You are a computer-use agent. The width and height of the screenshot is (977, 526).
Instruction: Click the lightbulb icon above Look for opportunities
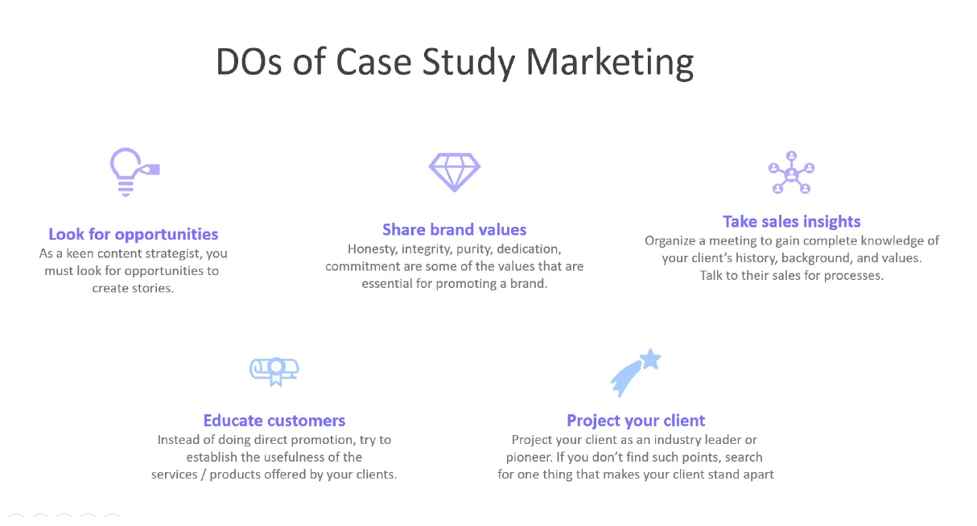click(x=130, y=171)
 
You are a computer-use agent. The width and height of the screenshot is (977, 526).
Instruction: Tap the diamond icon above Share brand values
click(x=454, y=171)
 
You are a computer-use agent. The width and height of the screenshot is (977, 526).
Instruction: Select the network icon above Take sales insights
click(x=791, y=172)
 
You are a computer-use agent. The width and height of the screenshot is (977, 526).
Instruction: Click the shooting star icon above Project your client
click(x=634, y=372)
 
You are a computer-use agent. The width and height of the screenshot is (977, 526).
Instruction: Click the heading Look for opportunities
click(x=134, y=234)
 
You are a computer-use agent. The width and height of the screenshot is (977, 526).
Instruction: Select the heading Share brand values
click(x=454, y=230)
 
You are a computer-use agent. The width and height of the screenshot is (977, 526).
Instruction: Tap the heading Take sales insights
click(x=791, y=221)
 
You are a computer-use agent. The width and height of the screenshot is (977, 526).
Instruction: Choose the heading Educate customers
click(x=274, y=420)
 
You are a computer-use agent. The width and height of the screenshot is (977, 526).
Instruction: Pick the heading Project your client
click(x=636, y=421)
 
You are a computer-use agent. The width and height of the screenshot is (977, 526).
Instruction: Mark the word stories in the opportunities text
click(x=152, y=288)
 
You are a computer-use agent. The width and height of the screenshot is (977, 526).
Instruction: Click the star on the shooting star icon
click(x=650, y=359)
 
